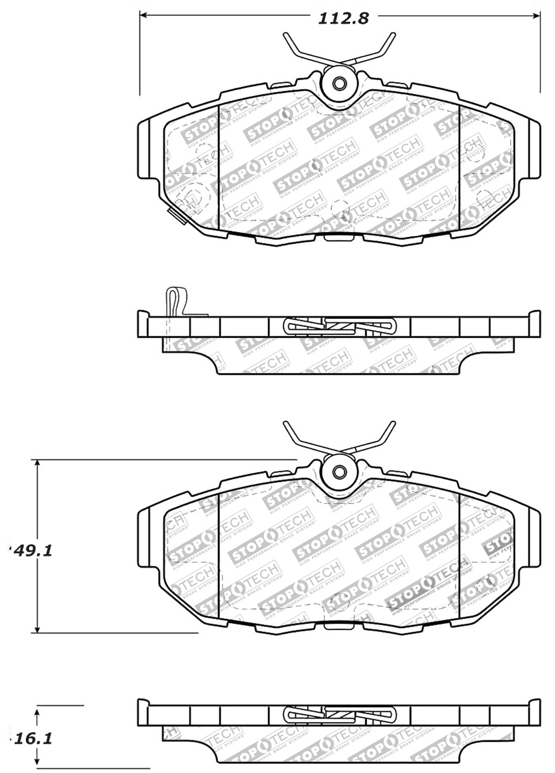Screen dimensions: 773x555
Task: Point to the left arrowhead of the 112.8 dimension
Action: tap(145, 16)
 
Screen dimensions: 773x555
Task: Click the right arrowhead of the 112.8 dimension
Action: tap(535, 16)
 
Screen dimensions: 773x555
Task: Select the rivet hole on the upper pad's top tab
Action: tap(339, 83)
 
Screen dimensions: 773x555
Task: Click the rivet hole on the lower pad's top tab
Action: tap(339, 470)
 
